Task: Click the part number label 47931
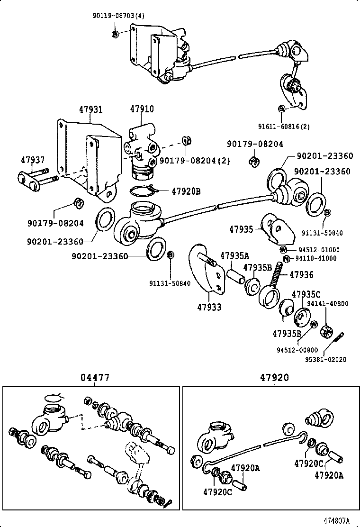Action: (x=90, y=109)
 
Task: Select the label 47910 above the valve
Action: (x=142, y=109)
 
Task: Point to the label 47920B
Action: (x=186, y=191)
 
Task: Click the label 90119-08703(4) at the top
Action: (x=118, y=16)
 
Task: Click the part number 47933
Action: (x=209, y=307)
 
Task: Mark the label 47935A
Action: (x=234, y=256)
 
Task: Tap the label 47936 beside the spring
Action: (x=301, y=274)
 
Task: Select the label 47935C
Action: (x=306, y=294)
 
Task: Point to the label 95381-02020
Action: (x=324, y=359)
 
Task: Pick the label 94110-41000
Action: (x=316, y=258)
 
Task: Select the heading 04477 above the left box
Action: (x=94, y=378)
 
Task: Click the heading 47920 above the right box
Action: (x=274, y=378)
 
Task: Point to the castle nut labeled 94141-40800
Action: (x=325, y=331)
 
